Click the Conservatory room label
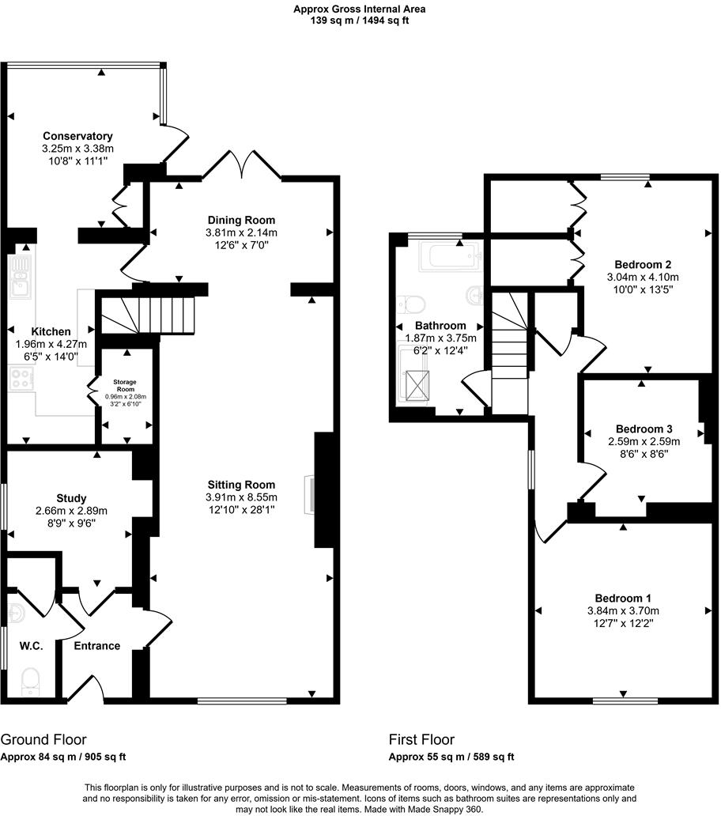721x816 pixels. pyautogui.click(x=77, y=136)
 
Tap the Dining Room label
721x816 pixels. pyautogui.click(x=241, y=220)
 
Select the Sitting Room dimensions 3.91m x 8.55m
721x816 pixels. pyautogui.click(x=241, y=497)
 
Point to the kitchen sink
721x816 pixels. pyautogui.click(x=21, y=276)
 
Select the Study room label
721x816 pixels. pyautogui.click(x=71, y=498)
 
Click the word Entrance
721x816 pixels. pyautogui.click(x=96, y=646)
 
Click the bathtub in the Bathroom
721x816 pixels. pyautogui.click(x=448, y=258)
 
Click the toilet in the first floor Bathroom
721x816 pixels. pyautogui.click(x=412, y=304)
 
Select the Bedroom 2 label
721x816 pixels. pyautogui.click(x=643, y=264)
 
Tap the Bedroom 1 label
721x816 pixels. pyautogui.click(x=623, y=598)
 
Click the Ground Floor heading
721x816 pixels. pyautogui.click(x=43, y=740)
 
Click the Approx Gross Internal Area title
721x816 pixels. pyautogui.click(x=360, y=9)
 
